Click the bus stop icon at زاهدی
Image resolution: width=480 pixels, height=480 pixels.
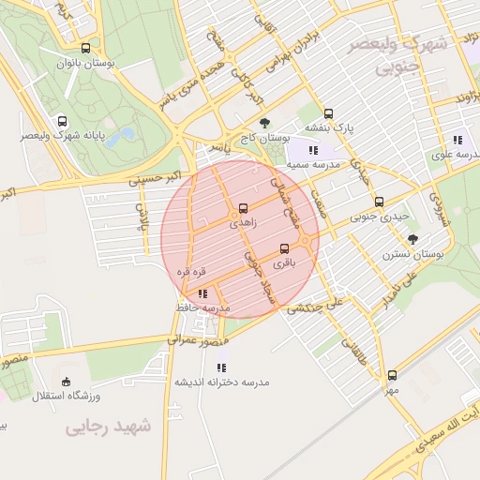(244, 208)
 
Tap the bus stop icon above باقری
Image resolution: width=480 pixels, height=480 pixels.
(285, 248)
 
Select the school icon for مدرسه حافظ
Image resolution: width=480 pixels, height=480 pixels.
(203, 294)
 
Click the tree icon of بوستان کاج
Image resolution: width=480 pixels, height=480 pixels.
(264, 123)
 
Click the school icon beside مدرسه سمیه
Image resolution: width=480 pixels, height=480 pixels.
(313, 149)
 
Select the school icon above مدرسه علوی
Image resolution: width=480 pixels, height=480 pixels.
(457, 139)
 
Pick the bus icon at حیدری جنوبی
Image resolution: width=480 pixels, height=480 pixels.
(379, 201)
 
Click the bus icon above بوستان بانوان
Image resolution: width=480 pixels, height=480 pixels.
(86, 49)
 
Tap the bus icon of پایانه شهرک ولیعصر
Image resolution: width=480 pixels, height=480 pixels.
(63, 121)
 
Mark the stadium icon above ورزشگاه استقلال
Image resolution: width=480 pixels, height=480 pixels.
(65, 381)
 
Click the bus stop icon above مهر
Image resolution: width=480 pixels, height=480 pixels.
(392, 375)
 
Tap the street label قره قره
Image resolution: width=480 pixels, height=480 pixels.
(191, 272)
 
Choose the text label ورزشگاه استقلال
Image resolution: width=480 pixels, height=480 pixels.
(61, 396)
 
